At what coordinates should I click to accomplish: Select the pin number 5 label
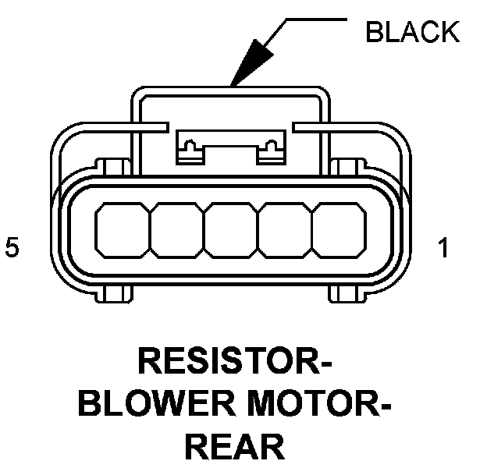[11, 248]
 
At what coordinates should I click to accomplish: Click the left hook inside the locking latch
[188, 147]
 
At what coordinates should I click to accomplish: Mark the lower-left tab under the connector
[115, 294]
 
